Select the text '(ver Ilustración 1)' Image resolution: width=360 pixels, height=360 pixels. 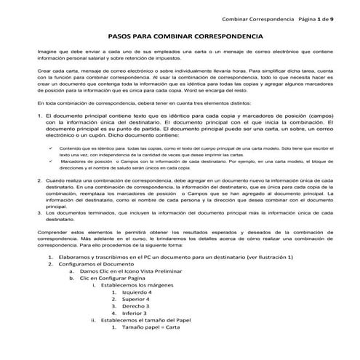[x=270, y=257]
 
